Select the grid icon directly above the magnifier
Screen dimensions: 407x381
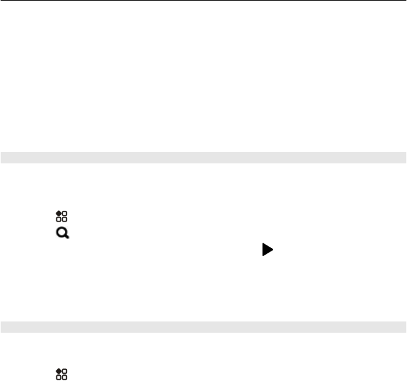click(x=61, y=216)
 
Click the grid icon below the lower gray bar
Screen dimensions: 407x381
click(x=61, y=375)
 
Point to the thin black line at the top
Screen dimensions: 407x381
click(x=203, y=1)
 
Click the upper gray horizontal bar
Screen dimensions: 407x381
click(x=203, y=157)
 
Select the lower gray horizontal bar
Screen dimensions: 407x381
click(x=203, y=326)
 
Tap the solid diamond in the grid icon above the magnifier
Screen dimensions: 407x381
click(x=58, y=212)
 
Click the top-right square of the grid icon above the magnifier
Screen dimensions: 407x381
click(x=64, y=213)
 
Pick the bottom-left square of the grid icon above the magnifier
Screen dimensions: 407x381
click(x=58, y=219)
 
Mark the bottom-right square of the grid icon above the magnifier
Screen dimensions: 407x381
click(x=64, y=219)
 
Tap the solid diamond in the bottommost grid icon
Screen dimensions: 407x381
click(x=58, y=372)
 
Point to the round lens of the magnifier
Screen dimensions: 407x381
click(x=60, y=232)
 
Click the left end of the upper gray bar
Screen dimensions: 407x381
click(x=3, y=157)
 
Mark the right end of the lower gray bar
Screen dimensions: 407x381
click(x=404, y=326)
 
